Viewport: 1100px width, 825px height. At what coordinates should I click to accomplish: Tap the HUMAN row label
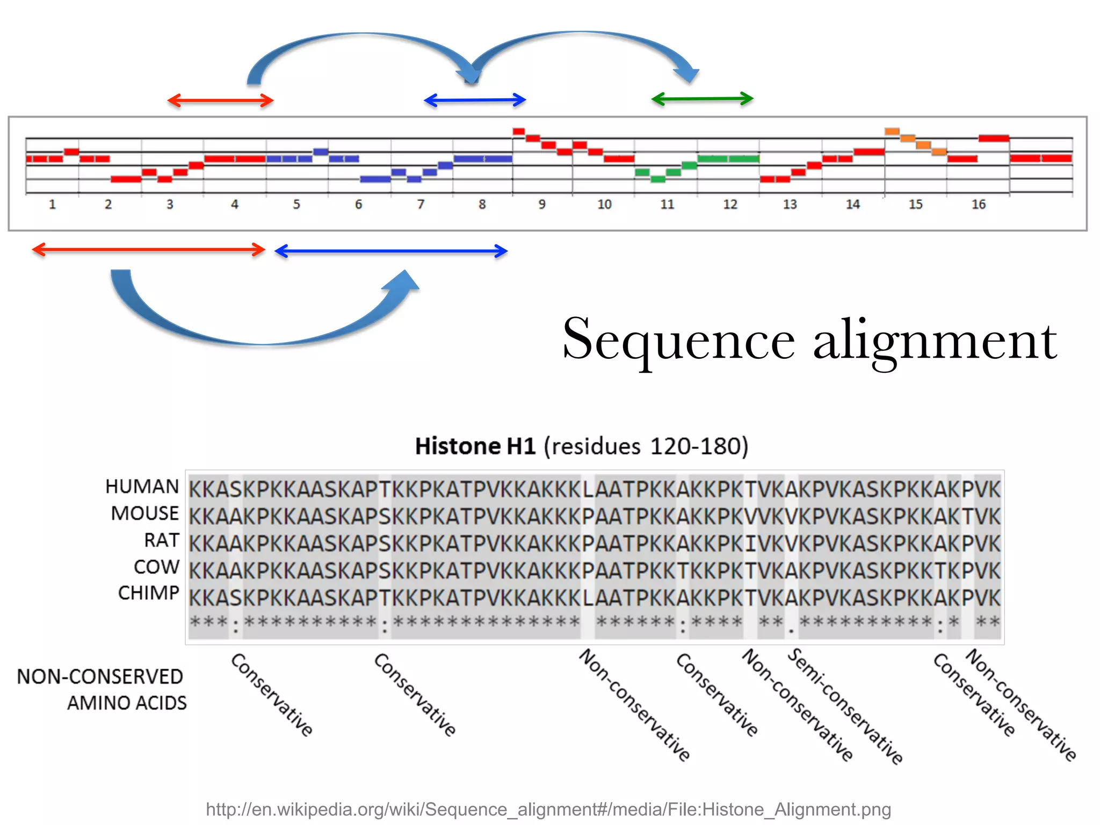(x=142, y=487)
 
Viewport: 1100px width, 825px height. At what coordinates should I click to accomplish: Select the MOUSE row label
(x=144, y=513)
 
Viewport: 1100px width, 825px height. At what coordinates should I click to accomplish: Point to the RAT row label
(x=161, y=540)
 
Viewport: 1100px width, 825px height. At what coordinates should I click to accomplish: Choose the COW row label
(x=156, y=567)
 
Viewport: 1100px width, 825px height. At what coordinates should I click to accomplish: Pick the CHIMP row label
(x=148, y=594)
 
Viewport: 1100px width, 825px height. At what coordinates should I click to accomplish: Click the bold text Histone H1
(x=475, y=446)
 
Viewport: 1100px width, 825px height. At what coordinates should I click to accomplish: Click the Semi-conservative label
(x=845, y=706)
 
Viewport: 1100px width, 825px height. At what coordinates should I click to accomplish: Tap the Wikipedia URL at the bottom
(x=548, y=809)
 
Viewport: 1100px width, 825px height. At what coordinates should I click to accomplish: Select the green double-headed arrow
(x=702, y=99)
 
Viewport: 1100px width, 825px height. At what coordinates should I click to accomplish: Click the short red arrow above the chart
(x=220, y=100)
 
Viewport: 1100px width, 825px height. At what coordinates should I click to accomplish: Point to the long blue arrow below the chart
(x=391, y=251)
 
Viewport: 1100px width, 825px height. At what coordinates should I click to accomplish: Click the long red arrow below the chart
(x=149, y=250)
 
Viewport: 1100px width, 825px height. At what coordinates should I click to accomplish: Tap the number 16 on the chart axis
(x=978, y=205)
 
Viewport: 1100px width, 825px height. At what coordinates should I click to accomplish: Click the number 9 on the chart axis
(x=542, y=205)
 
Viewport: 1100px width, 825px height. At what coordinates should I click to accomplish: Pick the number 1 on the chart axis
(x=52, y=205)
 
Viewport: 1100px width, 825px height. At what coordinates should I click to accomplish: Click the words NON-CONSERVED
(x=100, y=677)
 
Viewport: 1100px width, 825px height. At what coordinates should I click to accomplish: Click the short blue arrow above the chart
(x=475, y=100)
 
